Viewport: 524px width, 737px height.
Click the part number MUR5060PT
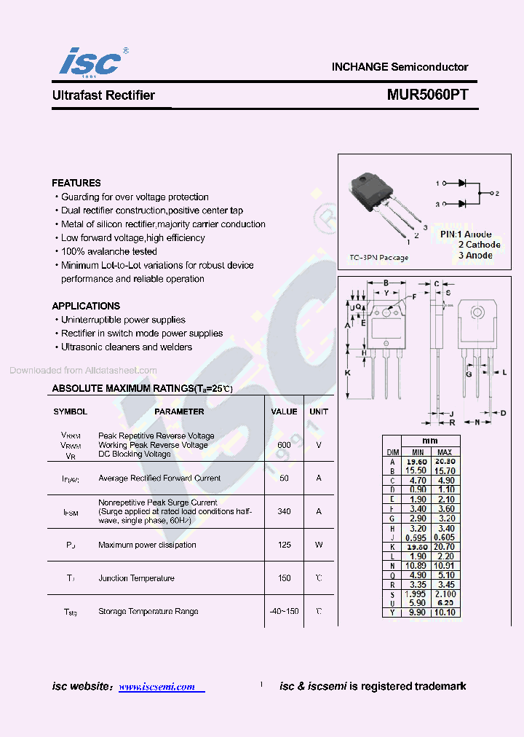pyautogui.click(x=427, y=95)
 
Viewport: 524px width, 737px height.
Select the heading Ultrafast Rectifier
pyautogui.click(x=103, y=95)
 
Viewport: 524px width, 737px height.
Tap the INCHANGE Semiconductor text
pyautogui.click(x=400, y=66)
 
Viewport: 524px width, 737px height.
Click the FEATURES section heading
pyautogui.click(x=76, y=183)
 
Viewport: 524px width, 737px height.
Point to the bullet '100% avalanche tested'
pyautogui.click(x=108, y=251)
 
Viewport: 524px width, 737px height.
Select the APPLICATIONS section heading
pyautogui.click(x=86, y=306)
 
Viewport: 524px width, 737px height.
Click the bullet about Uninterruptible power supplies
pyautogui.click(x=122, y=320)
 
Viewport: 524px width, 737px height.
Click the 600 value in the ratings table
pyautogui.click(x=284, y=445)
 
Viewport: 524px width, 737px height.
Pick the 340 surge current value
pyautogui.click(x=284, y=511)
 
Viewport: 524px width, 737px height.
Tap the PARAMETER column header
pyautogui.click(x=179, y=411)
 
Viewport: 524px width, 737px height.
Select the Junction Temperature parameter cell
pyautogui.click(x=136, y=578)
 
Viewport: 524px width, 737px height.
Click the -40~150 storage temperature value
pyautogui.click(x=284, y=611)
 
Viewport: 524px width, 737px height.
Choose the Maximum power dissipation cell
pyautogui.click(x=147, y=545)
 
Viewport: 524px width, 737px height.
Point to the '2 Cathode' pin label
pyautogui.click(x=479, y=245)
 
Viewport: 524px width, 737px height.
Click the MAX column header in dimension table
pyautogui.click(x=445, y=452)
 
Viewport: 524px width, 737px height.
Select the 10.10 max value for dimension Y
pyautogui.click(x=445, y=612)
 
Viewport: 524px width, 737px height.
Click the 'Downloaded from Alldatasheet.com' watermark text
pyautogui.click(x=83, y=370)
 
